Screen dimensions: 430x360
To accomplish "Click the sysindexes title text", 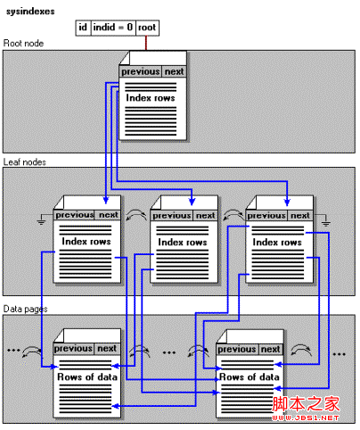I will click(x=34, y=10).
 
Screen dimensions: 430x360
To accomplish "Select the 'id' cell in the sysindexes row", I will click(x=82, y=28).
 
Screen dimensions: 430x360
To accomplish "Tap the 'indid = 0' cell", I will click(x=112, y=28).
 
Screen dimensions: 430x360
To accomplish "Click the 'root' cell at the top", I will click(x=147, y=28).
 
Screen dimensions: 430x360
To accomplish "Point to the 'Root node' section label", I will click(x=23, y=43).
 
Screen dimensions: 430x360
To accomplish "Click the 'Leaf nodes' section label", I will click(x=25, y=161).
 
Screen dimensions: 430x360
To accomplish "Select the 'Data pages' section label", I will click(x=25, y=308).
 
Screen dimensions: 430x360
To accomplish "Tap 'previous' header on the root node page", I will click(x=140, y=72).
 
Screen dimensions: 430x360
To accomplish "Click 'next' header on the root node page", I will click(x=174, y=72).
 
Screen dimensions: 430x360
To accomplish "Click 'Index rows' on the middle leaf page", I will click(x=182, y=242).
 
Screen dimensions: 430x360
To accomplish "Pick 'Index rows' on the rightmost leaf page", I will click(x=277, y=242).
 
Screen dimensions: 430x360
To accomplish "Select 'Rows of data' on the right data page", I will click(x=250, y=376).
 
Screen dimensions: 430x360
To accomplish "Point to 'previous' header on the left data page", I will click(x=73, y=349).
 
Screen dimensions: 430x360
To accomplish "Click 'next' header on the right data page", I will click(x=271, y=349).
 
